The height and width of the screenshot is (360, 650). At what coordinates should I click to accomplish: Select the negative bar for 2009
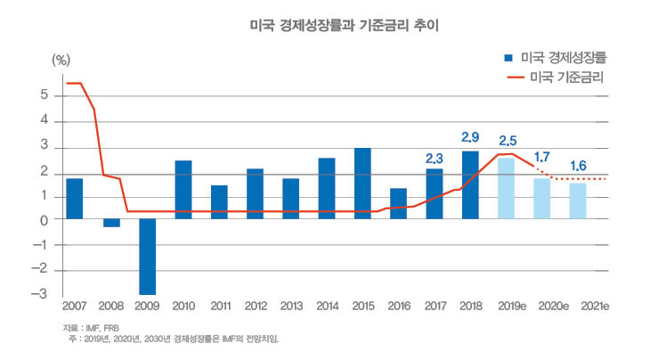coord(147,257)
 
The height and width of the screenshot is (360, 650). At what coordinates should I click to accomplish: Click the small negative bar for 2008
coord(111,223)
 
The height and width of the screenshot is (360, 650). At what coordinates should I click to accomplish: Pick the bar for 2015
coord(362,183)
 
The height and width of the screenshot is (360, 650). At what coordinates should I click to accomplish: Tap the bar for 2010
coord(183,189)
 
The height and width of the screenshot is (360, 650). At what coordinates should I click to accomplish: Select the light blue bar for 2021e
coord(577,200)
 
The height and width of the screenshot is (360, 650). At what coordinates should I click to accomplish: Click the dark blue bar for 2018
coord(470,184)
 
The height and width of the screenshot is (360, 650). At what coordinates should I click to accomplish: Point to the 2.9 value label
coord(470,137)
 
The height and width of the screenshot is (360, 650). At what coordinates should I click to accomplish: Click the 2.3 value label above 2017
coord(434,158)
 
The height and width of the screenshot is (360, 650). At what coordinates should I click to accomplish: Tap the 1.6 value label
coord(577,167)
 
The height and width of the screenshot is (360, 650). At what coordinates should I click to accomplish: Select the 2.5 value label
coord(507,141)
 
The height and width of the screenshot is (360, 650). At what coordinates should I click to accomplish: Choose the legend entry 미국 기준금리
coord(557,77)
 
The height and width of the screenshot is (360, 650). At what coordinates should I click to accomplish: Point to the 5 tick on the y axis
coord(56,95)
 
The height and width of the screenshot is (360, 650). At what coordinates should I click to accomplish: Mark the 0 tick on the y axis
coord(56,219)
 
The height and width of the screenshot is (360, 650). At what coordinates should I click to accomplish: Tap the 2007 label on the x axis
coord(75,307)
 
